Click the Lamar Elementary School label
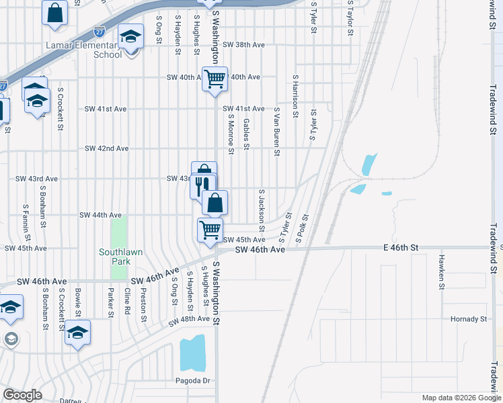point(84,50)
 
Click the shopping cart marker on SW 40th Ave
point(215,79)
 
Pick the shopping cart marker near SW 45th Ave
point(210,230)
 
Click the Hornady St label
point(469,319)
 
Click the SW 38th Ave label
point(245,44)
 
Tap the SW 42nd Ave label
point(106,148)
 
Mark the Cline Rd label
point(127,302)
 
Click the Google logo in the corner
point(22,395)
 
